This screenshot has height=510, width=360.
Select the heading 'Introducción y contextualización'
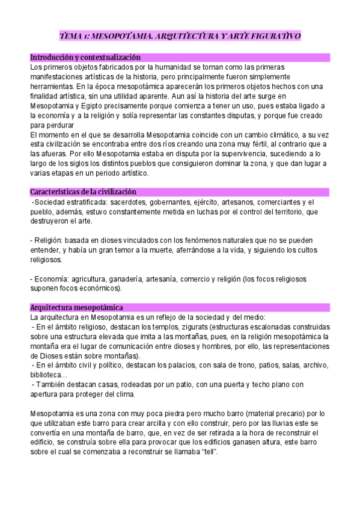85,57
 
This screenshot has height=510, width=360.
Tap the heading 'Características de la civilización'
84,192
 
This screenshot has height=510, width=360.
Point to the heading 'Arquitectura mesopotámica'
76,307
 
